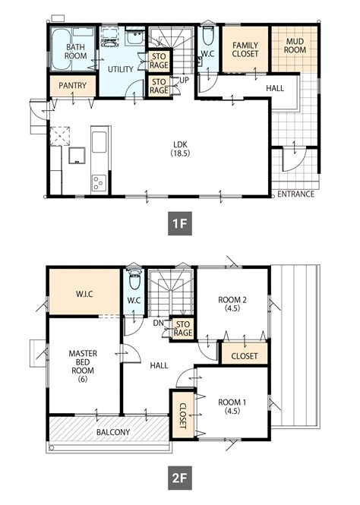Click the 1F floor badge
point(180,223)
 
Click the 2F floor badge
point(180,478)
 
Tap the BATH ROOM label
point(76,52)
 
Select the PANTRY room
point(73,85)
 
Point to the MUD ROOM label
point(295,46)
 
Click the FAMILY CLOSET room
point(245,49)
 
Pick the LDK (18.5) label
point(180,149)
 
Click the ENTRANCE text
point(295,194)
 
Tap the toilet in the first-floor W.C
point(208,36)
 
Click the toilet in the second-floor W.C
point(134,279)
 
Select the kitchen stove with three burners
point(99,183)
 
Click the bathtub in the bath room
point(61,49)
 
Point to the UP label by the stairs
point(185,80)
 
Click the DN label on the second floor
point(159,323)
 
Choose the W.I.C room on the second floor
point(84,292)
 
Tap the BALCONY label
point(113,432)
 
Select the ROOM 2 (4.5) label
point(232,304)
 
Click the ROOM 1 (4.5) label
point(232,406)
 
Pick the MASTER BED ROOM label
point(83,366)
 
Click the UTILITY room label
point(121,69)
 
